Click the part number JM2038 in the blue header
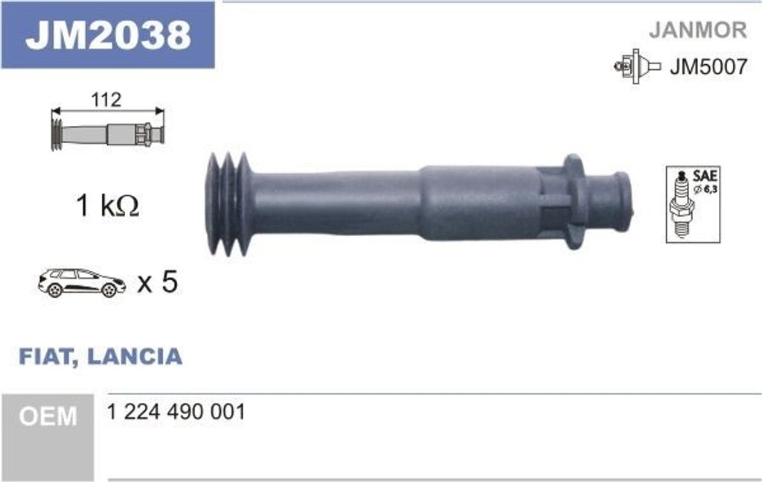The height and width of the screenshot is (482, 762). click(107, 34)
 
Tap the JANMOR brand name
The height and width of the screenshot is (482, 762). click(697, 30)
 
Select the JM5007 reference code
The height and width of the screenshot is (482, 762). click(708, 67)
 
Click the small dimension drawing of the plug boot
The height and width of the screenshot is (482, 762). click(107, 134)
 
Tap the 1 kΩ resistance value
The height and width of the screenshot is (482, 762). click(107, 206)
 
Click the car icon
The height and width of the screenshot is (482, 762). click(81, 282)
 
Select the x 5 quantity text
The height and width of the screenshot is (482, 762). click(158, 282)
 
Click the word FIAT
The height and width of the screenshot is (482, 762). click(45, 356)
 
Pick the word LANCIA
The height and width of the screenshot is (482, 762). click(135, 356)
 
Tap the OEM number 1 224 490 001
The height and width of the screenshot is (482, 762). click(176, 412)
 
